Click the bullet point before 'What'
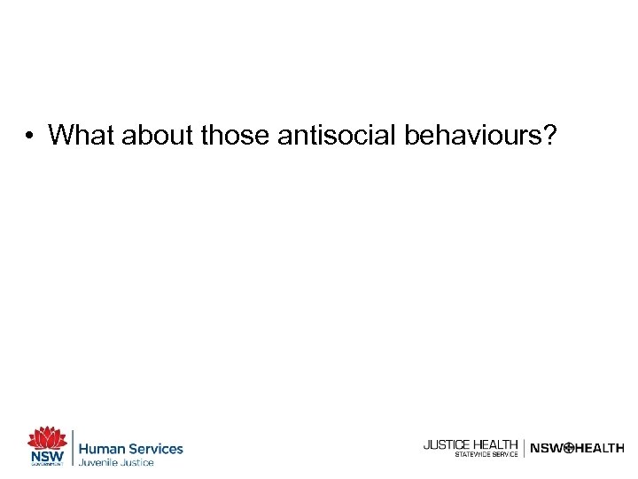pyautogui.click(x=30, y=136)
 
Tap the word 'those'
pyautogui.click(x=237, y=135)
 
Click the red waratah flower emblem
pyautogui.click(x=47, y=438)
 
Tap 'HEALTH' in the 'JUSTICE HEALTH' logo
pyautogui.click(x=495, y=444)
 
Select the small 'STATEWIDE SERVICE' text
pyautogui.click(x=486, y=454)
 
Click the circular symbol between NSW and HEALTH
pyautogui.click(x=569, y=449)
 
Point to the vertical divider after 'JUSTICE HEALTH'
pyautogui.click(x=524, y=448)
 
